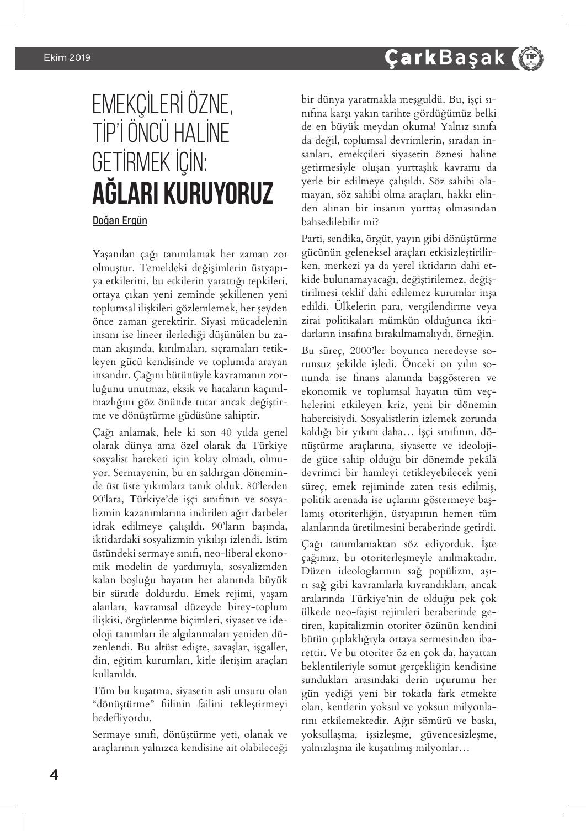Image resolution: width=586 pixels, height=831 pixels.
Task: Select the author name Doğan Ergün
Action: point(120,220)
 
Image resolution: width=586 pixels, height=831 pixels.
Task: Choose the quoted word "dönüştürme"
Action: point(124,705)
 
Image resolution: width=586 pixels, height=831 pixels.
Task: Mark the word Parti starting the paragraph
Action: point(312,239)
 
